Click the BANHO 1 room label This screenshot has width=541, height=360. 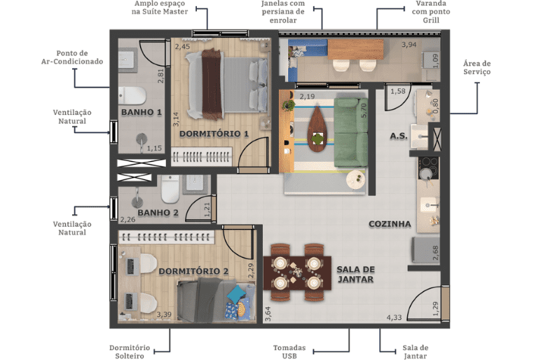[142, 112]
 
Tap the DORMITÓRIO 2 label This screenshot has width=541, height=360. [193, 271]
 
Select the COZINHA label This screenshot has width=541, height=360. [390, 224]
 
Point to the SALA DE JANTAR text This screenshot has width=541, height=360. [356, 275]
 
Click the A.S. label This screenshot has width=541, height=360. [399, 136]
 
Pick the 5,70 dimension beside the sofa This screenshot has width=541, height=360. [364, 111]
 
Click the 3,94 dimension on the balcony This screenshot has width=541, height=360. [409, 45]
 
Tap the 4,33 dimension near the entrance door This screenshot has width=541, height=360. [394, 317]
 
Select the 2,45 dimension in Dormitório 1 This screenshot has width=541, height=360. [182, 46]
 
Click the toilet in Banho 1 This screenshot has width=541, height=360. [132, 95]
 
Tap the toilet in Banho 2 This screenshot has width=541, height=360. [170, 189]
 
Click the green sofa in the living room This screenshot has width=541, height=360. [351, 132]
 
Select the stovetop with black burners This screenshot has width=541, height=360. [428, 168]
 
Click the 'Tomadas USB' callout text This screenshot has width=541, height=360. [289, 352]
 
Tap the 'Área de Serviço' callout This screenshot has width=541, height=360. [477, 67]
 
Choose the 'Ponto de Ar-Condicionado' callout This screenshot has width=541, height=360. [72, 57]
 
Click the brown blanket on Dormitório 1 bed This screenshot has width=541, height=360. [211, 84]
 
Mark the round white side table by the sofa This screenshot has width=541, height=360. [356, 180]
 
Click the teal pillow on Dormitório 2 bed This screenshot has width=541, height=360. [236, 294]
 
